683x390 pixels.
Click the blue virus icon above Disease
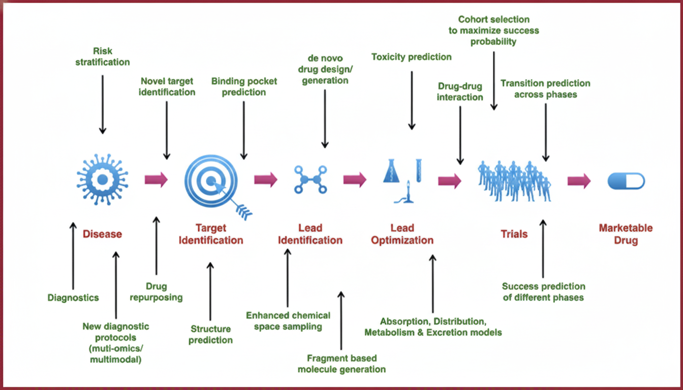coord(102,180)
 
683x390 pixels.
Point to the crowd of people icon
coord(514,181)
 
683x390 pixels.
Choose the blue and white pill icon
coord(626,181)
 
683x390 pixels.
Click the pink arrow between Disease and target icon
coord(156,180)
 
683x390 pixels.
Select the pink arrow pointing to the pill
coord(579,180)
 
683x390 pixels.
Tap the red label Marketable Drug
coord(626,234)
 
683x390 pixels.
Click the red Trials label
coord(514,234)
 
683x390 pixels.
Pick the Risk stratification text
coord(103,56)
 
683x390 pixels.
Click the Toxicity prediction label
coord(411,57)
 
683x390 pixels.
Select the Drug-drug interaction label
coord(460,91)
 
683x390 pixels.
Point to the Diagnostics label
coord(73,298)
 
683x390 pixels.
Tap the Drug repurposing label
coord(156,292)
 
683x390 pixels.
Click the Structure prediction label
coord(210,335)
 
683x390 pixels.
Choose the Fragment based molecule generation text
coord(341,364)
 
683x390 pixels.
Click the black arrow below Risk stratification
coord(103,104)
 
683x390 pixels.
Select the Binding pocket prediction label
coord(244,86)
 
